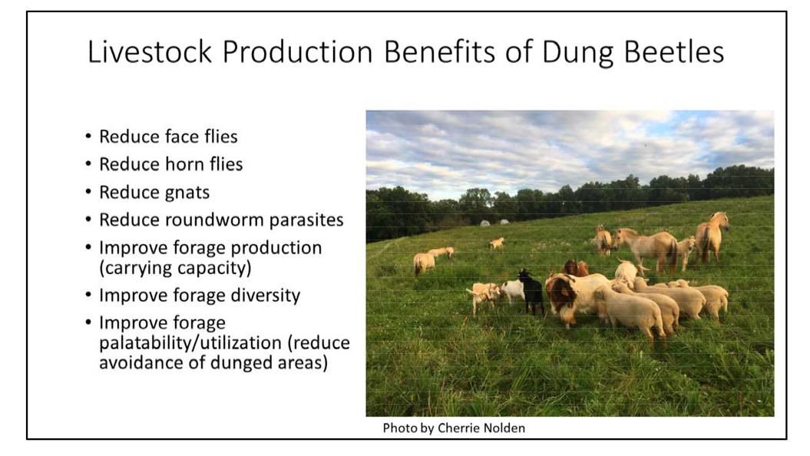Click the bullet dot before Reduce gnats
(89, 192)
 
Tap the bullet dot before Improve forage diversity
(89, 294)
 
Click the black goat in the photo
(531, 291)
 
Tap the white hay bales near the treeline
(493, 223)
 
